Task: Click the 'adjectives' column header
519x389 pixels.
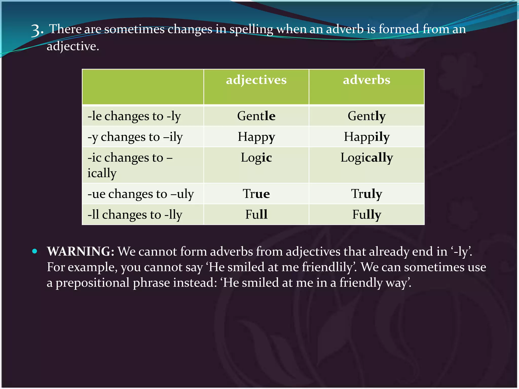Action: [256, 80]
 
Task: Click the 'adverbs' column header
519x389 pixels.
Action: [366, 80]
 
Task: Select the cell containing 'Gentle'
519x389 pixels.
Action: [256, 116]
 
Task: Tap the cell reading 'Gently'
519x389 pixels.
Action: [366, 116]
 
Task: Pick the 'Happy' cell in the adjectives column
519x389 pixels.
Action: [256, 137]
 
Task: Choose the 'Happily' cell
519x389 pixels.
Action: [366, 137]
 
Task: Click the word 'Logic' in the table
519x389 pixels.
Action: [256, 158]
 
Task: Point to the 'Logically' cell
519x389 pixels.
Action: [366, 158]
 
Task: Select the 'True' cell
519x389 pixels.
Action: [256, 194]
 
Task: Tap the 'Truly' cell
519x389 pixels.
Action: [366, 194]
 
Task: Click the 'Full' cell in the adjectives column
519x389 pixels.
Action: [256, 214]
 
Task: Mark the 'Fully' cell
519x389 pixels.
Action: [366, 214]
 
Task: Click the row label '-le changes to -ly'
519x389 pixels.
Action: [134, 116]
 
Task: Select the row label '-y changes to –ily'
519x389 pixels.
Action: [135, 137]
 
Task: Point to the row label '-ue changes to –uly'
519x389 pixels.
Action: [140, 194]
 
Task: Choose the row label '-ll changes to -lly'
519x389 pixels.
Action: [135, 215]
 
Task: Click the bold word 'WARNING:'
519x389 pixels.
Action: [81, 251]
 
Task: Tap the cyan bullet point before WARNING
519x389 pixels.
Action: [35, 251]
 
